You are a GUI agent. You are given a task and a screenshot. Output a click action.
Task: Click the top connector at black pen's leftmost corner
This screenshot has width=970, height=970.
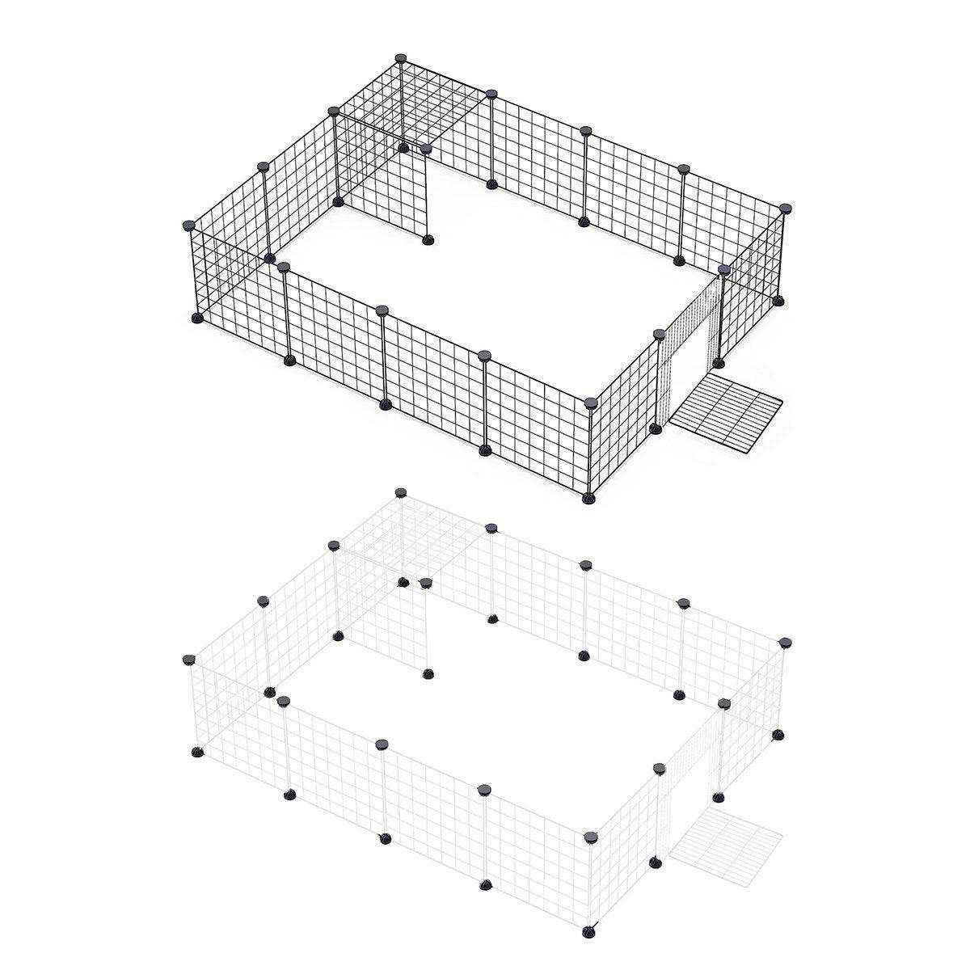point(191,226)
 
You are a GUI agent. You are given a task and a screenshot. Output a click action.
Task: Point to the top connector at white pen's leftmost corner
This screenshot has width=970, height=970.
point(191,660)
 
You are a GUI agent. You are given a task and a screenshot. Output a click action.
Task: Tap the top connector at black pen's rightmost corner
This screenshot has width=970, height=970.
point(783,208)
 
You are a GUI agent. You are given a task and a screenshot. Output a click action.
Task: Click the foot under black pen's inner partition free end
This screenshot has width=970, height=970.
point(428,238)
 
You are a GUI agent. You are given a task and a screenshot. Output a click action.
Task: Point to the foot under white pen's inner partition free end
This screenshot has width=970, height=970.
point(428,673)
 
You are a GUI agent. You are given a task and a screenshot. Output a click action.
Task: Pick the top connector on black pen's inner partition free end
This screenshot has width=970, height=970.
point(426,149)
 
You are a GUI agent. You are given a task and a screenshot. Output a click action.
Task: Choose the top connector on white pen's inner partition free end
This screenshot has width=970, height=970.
point(426,583)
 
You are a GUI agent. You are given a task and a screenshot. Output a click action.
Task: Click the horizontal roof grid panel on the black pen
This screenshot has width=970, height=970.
point(412,105)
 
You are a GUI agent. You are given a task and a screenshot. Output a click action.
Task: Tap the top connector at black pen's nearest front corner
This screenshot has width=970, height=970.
point(589,400)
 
